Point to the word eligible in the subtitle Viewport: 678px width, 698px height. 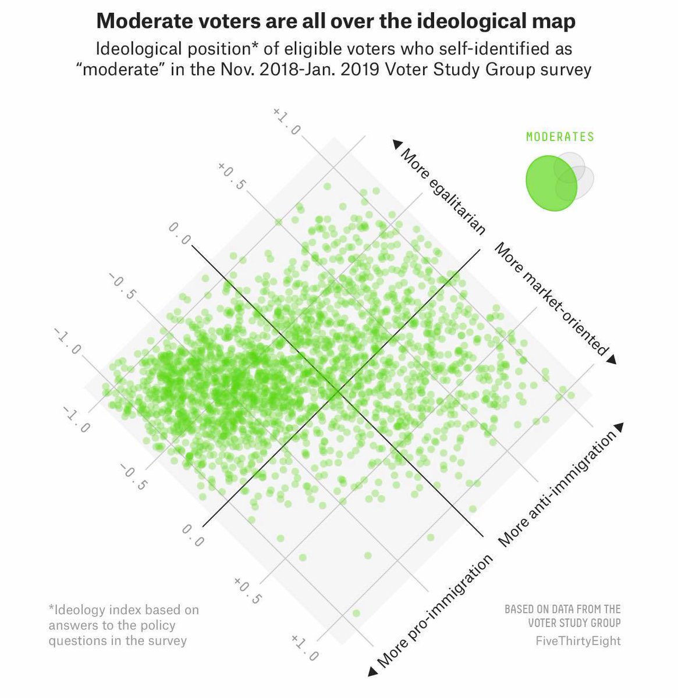pos(325,49)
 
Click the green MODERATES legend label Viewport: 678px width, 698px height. pos(560,137)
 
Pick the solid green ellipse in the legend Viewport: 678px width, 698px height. pos(551,183)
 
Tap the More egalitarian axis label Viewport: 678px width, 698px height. pos(442,191)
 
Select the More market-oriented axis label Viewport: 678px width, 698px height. pos(551,298)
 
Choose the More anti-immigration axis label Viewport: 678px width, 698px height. pos(557,489)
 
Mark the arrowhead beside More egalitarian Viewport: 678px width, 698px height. pos(396,144)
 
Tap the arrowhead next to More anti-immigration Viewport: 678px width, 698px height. pos(619,427)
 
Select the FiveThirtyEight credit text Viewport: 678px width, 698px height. pos(578,640)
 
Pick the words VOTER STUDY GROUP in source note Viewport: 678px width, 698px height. pos(574,623)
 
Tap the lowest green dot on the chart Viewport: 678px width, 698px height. pos(356,613)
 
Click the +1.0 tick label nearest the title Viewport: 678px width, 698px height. pos(286,121)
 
